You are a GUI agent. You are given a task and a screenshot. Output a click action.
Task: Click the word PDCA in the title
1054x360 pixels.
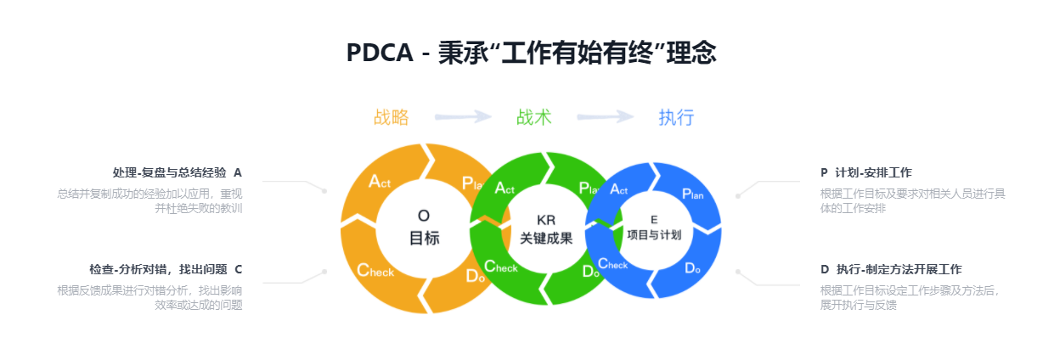click(x=380, y=53)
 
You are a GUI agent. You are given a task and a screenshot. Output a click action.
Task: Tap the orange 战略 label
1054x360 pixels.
click(x=391, y=117)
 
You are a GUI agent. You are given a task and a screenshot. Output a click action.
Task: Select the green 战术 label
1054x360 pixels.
click(x=533, y=117)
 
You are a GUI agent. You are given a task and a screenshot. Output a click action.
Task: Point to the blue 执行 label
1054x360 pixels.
click(x=676, y=117)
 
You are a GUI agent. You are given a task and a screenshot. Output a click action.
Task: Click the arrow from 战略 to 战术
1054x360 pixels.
click(x=463, y=116)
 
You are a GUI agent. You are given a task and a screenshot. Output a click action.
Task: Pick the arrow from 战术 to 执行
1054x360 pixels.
click(x=606, y=116)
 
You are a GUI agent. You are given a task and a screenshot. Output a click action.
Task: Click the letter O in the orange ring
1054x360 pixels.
click(x=424, y=216)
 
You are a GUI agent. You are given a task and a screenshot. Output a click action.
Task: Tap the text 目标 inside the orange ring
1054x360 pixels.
click(x=424, y=238)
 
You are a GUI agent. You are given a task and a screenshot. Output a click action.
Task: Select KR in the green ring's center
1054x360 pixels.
click(x=546, y=220)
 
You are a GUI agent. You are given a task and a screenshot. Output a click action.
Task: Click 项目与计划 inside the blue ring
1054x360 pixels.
click(x=654, y=235)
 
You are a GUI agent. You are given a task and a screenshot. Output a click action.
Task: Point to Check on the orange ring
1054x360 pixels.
click(x=375, y=270)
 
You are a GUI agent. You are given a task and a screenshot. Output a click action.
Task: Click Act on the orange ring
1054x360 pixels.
click(x=380, y=181)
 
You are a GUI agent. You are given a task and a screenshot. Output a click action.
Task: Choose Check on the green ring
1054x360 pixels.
click(x=500, y=267)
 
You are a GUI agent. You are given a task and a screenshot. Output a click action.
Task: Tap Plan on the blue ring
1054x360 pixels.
click(x=693, y=194)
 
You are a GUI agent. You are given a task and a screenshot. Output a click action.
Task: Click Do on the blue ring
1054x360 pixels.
click(x=693, y=268)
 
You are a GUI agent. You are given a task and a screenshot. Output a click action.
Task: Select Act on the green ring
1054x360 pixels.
click(x=504, y=188)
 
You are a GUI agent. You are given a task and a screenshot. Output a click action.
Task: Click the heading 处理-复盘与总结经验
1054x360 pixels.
click(x=169, y=172)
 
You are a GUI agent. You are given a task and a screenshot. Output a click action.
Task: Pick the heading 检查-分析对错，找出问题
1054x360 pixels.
click(x=158, y=269)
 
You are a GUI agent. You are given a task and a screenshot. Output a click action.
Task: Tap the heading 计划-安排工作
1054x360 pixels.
click(x=873, y=172)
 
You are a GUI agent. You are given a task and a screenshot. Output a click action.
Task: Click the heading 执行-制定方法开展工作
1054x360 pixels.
click(x=899, y=269)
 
